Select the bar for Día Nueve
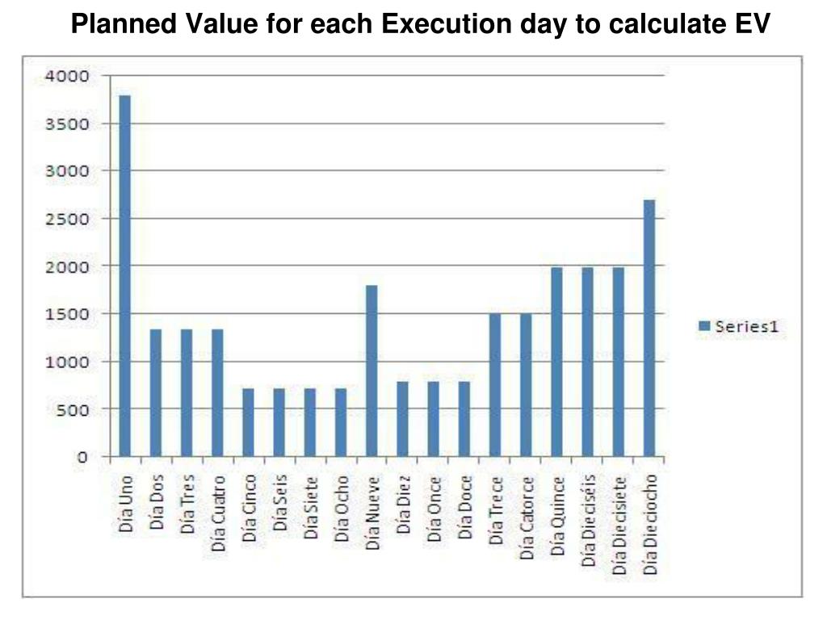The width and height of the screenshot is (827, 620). click(x=372, y=371)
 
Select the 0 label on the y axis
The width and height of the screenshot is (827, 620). click(x=82, y=457)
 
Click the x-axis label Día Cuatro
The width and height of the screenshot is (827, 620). click(x=218, y=514)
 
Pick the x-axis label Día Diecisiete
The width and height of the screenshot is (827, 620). click(x=619, y=526)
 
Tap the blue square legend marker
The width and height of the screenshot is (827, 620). click(x=703, y=326)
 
